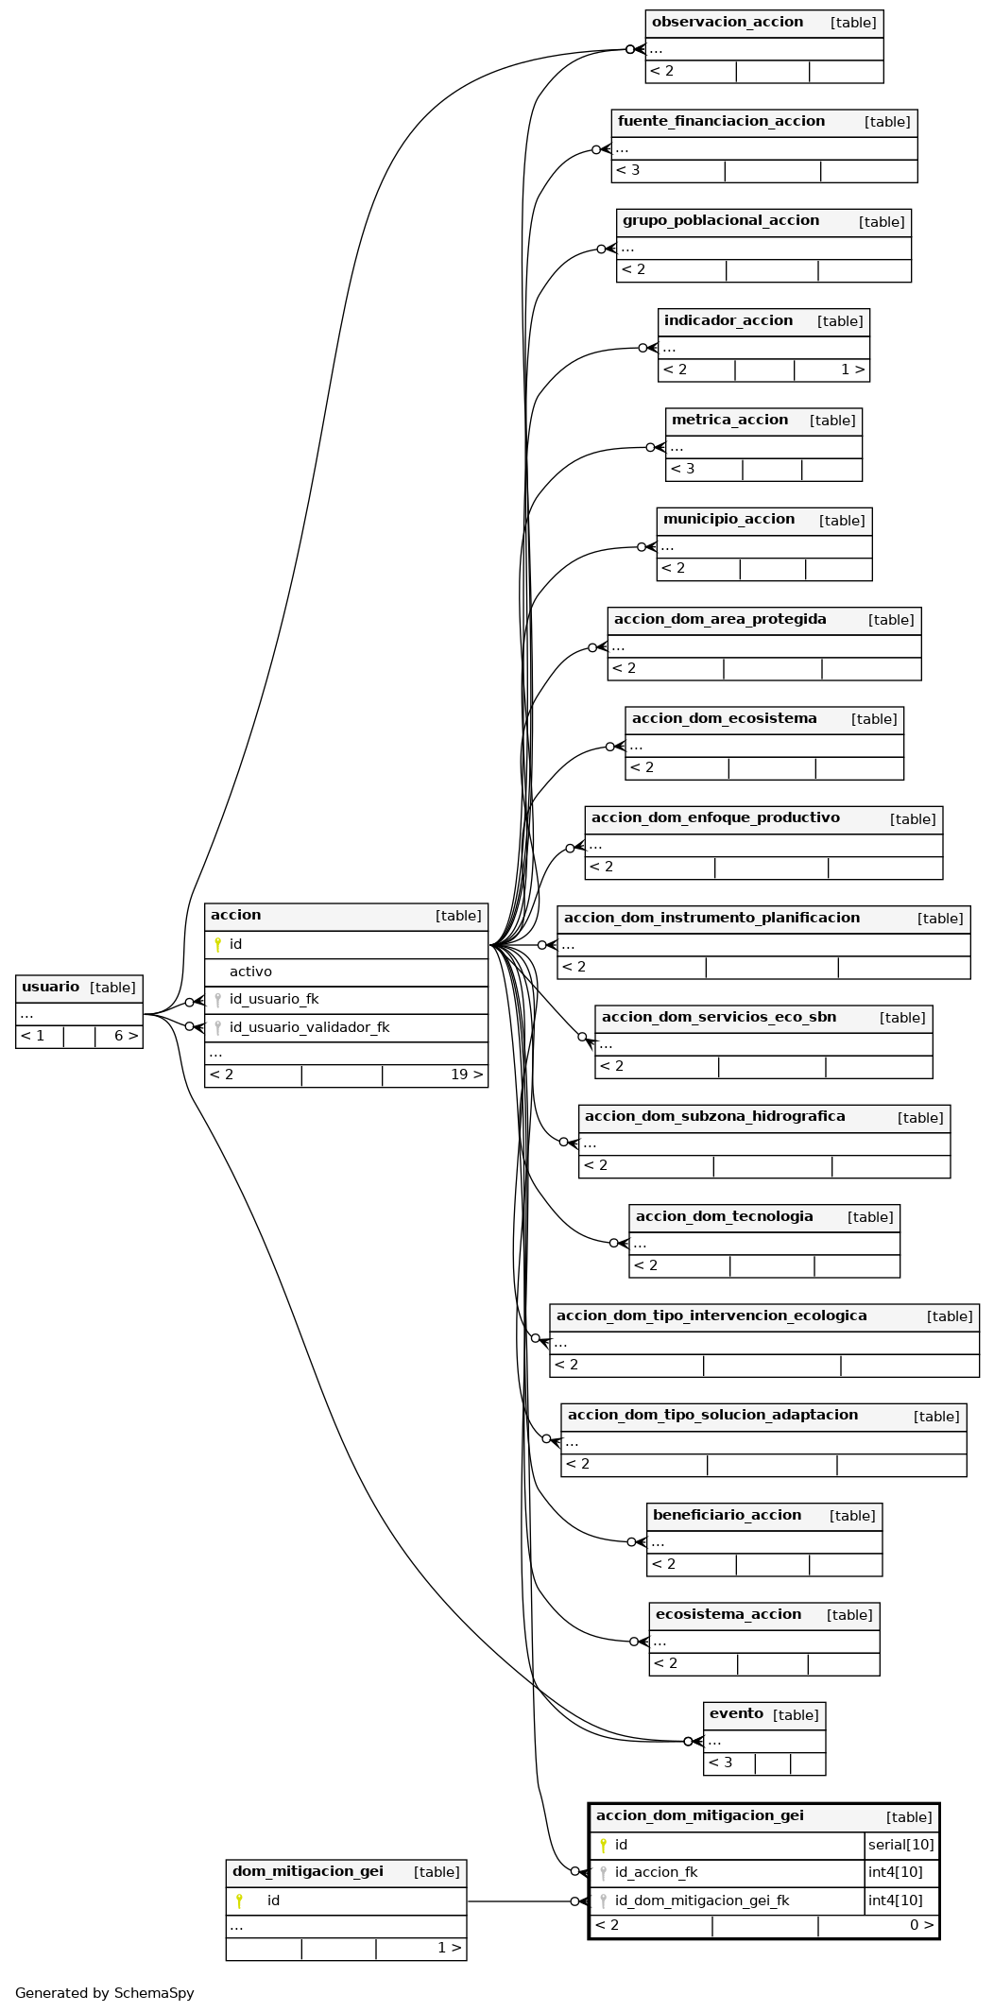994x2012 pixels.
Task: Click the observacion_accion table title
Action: [x=727, y=22]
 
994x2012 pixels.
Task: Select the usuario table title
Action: [x=50, y=987]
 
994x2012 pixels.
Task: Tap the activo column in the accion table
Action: [x=250, y=972]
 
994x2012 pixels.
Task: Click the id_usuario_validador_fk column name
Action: [x=309, y=1027]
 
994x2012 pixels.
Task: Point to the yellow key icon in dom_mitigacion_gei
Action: [x=239, y=1900]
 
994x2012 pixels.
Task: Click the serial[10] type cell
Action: [x=900, y=1845]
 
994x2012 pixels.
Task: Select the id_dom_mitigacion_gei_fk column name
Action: [x=701, y=1900]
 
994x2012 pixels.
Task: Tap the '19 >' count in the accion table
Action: [x=467, y=1075]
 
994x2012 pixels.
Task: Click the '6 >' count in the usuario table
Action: [x=127, y=1036]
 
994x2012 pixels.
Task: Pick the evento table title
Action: [x=736, y=1713]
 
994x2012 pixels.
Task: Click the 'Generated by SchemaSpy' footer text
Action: [x=104, y=1993]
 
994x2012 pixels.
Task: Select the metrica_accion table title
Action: [x=729, y=420]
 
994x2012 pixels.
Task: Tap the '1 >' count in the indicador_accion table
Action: [x=853, y=370]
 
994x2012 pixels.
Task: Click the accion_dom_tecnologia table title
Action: [x=724, y=1216]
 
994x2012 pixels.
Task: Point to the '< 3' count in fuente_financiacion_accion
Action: [x=627, y=170]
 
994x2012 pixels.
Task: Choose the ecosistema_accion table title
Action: [x=728, y=1614]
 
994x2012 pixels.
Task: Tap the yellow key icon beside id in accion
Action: [x=217, y=944]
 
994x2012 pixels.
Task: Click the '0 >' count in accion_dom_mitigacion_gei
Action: [x=922, y=1925]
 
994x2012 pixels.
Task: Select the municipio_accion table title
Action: [x=728, y=519]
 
